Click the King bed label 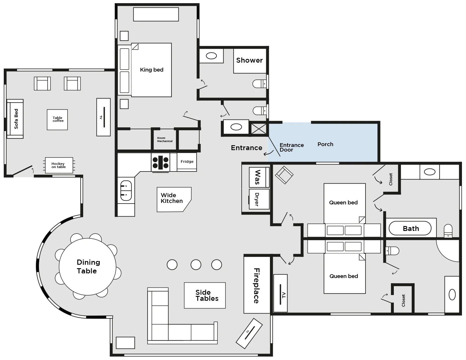[x=152, y=70]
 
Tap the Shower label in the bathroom [x=249, y=60]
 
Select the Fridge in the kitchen [x=187, y=162]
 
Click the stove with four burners [x=161, y=162]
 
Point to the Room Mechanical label [x=165, y=140]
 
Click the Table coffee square [x=57, y=120]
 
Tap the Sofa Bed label [x=16, y=119]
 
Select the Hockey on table [x=59, y=165]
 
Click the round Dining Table [x=87, y=267]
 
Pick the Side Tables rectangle [x=205, y=295]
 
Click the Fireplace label [x=257, y=286]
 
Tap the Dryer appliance [x=259, y=199]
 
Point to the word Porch [x=325, y=144]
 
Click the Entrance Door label [x=292, y=148]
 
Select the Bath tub [x=410, y=228]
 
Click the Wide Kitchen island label [x=172, y=198]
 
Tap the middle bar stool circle [x=196, y=264]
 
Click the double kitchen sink [x=126, y=191]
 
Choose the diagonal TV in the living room [x=249, y=333]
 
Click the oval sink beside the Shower [x=211, y=56]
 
